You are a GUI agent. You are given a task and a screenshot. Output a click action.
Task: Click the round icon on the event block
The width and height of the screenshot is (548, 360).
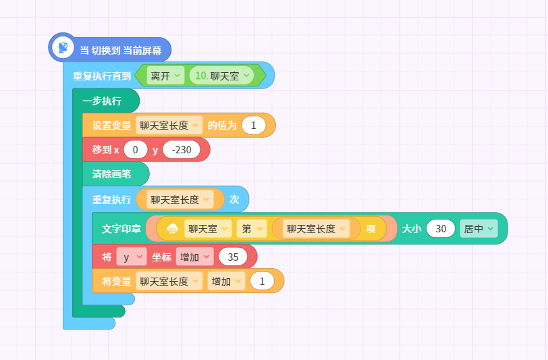(x=63, y=47)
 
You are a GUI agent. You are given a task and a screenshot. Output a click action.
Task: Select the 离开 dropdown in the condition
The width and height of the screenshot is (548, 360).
(x=165, y=76)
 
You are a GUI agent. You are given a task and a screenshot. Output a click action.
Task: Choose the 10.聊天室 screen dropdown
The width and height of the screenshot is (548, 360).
(x=221, y=76)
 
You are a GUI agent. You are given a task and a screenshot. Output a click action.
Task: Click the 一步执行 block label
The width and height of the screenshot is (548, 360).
(x=102, y=101)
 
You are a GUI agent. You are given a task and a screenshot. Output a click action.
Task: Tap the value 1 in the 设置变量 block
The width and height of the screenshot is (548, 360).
(x=254, y=125)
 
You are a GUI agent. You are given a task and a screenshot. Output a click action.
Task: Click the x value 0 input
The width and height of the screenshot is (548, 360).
(x=136, y=150)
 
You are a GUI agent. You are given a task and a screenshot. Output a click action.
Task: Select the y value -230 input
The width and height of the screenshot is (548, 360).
(x=182, y=150)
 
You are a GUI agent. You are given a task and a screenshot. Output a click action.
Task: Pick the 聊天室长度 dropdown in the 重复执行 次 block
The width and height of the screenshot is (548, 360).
(x=180, y=199)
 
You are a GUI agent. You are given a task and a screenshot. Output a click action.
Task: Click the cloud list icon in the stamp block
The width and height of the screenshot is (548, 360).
(x=172, y=229)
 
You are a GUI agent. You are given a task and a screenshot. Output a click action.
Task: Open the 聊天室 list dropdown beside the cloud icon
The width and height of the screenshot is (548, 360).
(x=208, y=229)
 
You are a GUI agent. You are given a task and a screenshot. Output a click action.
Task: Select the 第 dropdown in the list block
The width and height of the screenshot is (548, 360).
(x=252, y=229)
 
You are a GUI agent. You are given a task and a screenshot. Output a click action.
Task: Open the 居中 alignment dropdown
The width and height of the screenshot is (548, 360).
(x=478, y=229)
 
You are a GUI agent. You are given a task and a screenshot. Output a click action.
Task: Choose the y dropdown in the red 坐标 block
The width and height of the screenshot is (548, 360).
(x=132, y=257)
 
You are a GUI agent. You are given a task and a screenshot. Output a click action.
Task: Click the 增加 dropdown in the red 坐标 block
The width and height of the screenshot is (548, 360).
(x=194, y=257)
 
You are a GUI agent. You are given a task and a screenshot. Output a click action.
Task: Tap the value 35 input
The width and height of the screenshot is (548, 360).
(x=233, y=257)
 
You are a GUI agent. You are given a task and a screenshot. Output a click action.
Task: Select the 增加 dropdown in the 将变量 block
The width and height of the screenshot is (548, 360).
(x=226, y=281)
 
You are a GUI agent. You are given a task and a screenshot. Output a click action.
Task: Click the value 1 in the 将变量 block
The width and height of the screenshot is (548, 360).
(x=262, y=281)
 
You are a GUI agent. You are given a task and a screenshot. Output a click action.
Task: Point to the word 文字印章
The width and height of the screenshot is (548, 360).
(x=121, y=229)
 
